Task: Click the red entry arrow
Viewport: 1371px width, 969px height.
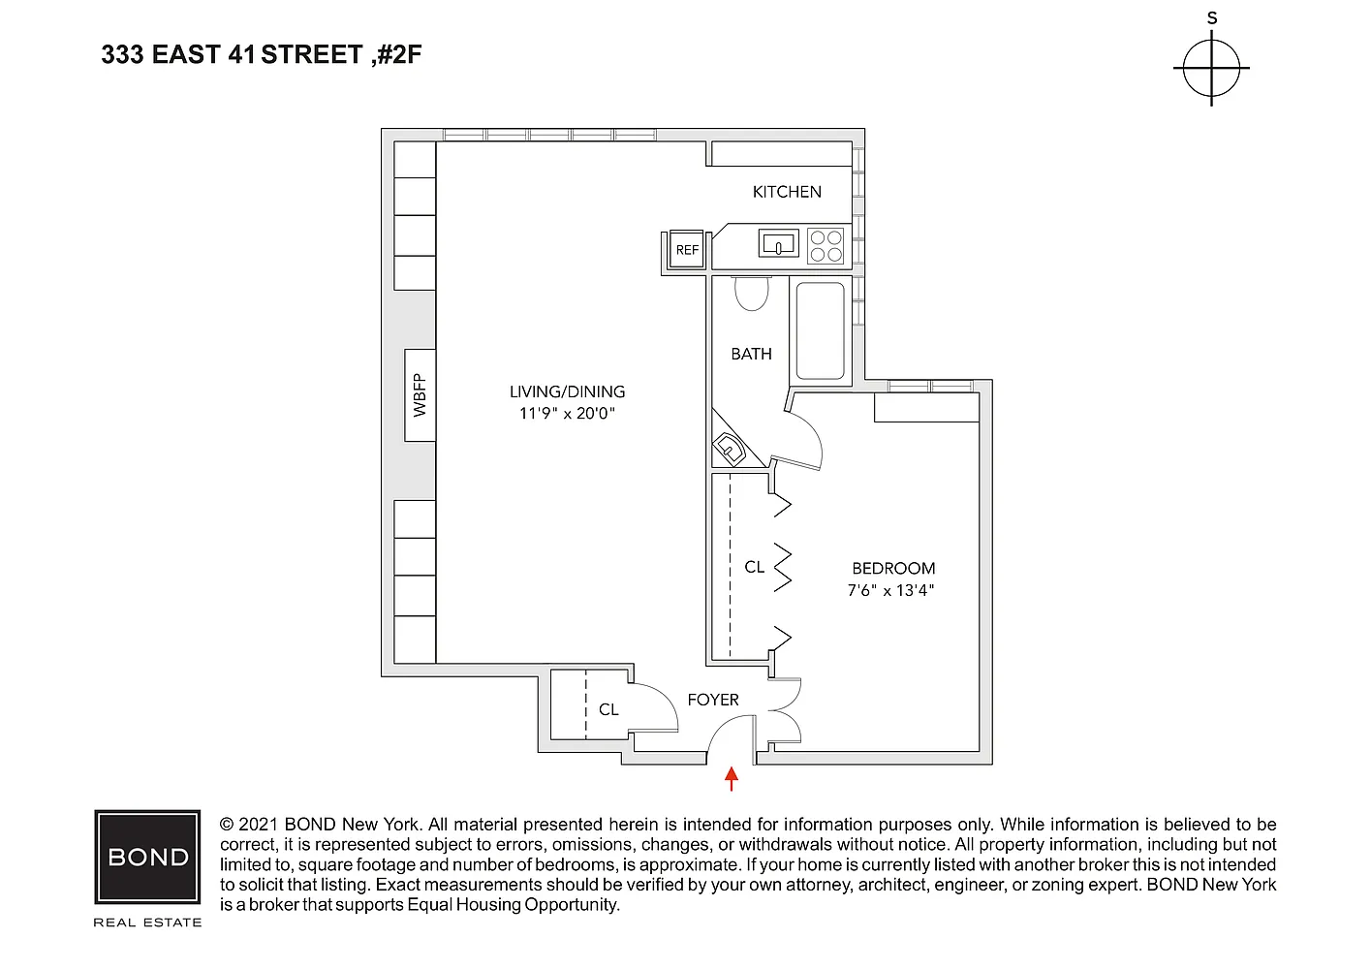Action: (731, 779)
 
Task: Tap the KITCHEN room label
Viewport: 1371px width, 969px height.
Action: (787, 192)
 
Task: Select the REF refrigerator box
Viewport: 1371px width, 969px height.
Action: (687, 249)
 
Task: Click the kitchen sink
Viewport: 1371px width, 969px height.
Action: (779, 243)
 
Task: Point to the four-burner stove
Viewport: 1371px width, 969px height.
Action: (826, 246)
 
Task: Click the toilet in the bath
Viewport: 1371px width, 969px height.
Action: (752, 294)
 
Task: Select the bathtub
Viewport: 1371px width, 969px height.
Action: (821, 330)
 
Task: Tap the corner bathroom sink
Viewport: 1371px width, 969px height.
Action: (730, 449)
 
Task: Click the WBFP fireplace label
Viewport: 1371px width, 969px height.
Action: (420, 394)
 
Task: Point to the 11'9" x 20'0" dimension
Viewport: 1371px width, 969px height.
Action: (567, 414)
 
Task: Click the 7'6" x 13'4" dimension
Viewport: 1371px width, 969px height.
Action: (890, 591)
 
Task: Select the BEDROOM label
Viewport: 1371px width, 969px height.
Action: (893, 569)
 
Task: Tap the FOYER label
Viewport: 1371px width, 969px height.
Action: (713, 700)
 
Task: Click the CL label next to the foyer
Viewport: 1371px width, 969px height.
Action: (608, 709)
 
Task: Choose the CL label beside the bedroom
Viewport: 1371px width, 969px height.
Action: (754, 568)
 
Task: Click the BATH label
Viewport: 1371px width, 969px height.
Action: (751, 354)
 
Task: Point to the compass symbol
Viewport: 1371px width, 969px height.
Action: (1211, 68)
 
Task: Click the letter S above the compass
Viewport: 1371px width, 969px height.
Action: (1212, 18)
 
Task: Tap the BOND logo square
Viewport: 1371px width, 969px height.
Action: (147, 857)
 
